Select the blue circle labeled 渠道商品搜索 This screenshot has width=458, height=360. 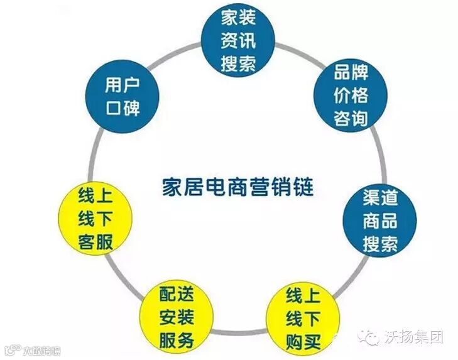click(x=379, y=220)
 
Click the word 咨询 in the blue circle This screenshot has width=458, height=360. click(x=351, y=117)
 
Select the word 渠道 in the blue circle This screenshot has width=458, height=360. click(x=379, y=198)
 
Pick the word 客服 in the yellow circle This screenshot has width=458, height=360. click(x=95, y=241)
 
